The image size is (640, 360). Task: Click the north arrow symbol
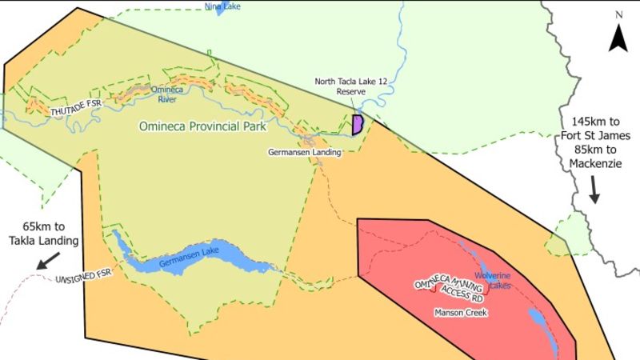coord(618,38)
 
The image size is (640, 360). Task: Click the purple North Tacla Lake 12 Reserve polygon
coord(358,125)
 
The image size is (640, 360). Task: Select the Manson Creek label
coord(460,312)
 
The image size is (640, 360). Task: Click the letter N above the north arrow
coord(618,14)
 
